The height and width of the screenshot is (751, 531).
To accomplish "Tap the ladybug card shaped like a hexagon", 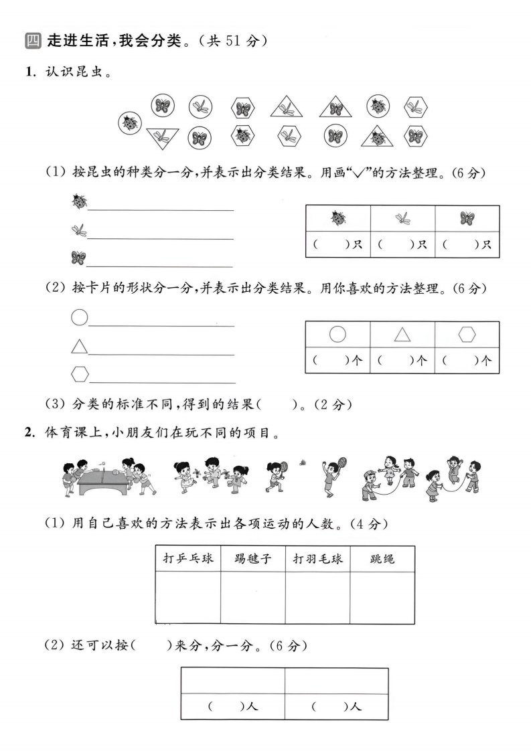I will pos(242,135).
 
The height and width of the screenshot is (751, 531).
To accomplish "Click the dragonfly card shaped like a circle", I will pos(200,106).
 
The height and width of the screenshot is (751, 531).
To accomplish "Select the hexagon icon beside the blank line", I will pos(80,372).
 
